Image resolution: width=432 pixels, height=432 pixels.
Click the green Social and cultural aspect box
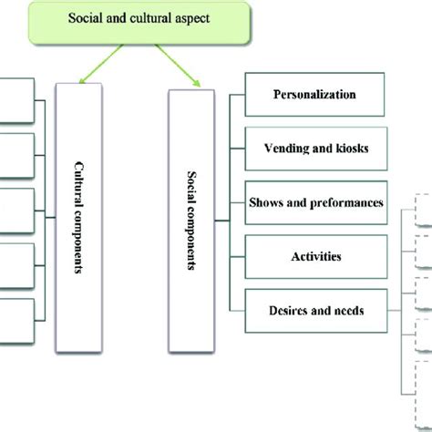[139, 23]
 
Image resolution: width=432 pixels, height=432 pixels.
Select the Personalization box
[314, 95]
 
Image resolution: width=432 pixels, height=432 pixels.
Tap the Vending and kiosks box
[316, 149]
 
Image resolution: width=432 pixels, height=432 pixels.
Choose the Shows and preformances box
[316, 202]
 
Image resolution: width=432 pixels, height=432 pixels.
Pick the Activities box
[316, 257]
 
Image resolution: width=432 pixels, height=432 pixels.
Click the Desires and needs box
[316, 311]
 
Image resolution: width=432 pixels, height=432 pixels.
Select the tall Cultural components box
[78, 218]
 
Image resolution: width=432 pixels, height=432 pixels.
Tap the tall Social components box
[191, 221]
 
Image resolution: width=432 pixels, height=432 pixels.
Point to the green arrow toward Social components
[178, 66]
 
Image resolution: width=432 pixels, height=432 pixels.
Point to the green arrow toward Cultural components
[101, 64]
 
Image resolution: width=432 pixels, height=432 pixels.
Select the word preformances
[346, 203]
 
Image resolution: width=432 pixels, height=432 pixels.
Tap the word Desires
[288, 311]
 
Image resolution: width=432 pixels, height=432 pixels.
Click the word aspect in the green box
[192, 18]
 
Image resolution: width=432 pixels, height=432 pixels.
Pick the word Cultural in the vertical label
[79, 184]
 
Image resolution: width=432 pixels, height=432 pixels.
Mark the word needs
[349, 311]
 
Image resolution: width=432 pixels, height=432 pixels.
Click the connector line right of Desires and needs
[395, 311]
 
